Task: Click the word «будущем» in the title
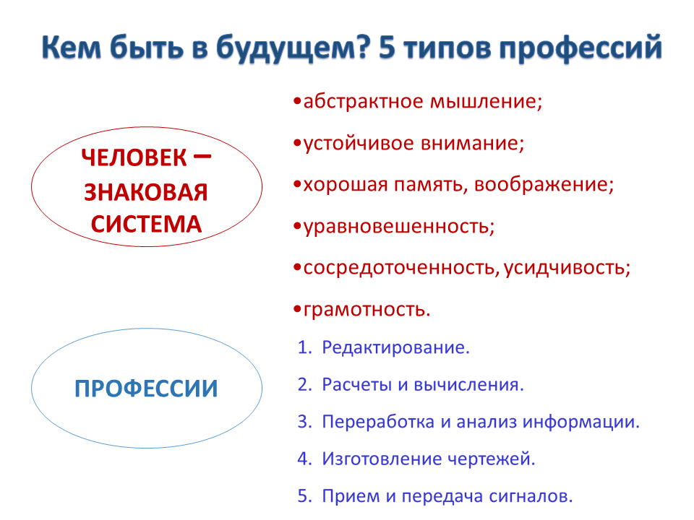click(x=292, y=48)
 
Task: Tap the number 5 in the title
click(x=387, y=47)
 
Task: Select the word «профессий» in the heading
click(x=581, y=48)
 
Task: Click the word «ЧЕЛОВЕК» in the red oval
click(x=134, y=158)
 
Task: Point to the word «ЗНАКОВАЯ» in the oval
click(x=146, y=192)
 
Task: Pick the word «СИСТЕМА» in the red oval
click(x=147, y=224)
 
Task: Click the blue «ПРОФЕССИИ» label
click(x=146, y=389)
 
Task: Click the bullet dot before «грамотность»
click(x=297, y=309)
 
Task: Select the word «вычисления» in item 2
click(x=468, y=385)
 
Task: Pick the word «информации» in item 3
click(x=581, y=422)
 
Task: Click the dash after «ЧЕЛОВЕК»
click(x=202, y=156)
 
